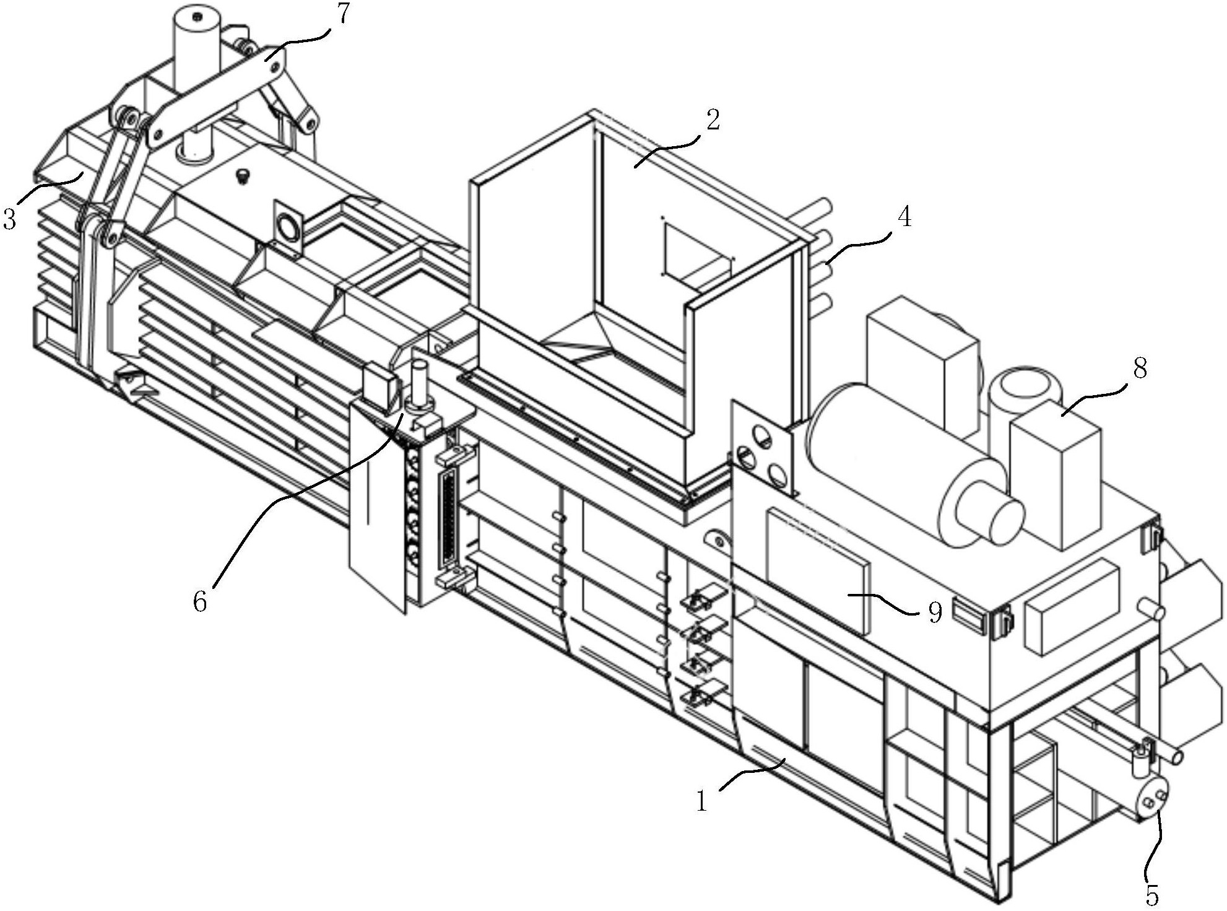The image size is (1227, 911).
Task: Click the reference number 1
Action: click(701, 800)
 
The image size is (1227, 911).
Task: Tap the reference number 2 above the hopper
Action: click(713, 120)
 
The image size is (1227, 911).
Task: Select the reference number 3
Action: click(9, 218)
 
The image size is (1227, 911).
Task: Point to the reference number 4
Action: click(904, 217)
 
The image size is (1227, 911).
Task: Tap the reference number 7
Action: click(342, 13)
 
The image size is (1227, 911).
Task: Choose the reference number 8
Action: click(1140, 368)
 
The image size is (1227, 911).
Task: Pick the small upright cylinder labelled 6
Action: click(419, 387)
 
